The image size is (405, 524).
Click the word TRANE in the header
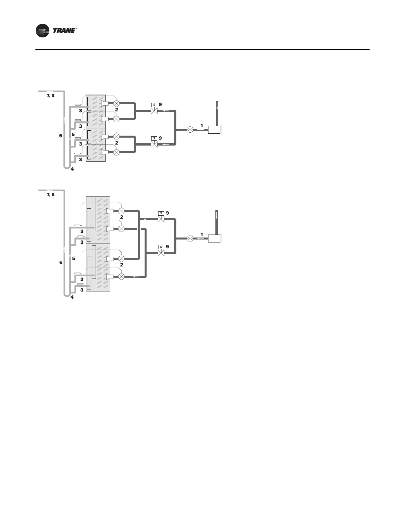tap(64, 31)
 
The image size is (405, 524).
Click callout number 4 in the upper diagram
tap(72, 169)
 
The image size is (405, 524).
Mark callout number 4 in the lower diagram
tap(72, 297)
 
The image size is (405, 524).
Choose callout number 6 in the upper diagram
tap(61, 136)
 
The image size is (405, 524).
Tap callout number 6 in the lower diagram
tap(61, 262)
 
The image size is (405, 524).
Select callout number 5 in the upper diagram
tap(73, 134)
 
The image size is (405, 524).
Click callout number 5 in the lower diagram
tap(73, 258)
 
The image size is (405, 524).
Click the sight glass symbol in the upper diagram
tap(190, 130)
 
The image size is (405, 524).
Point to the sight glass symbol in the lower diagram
tap(190, 238)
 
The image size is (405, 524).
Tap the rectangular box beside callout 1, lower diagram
tap(214, 238)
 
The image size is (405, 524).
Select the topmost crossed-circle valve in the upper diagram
tap(116, 103)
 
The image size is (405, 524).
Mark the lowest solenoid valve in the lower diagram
tap(161, 252)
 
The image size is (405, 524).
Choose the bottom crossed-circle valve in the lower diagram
tap(121, 276)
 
